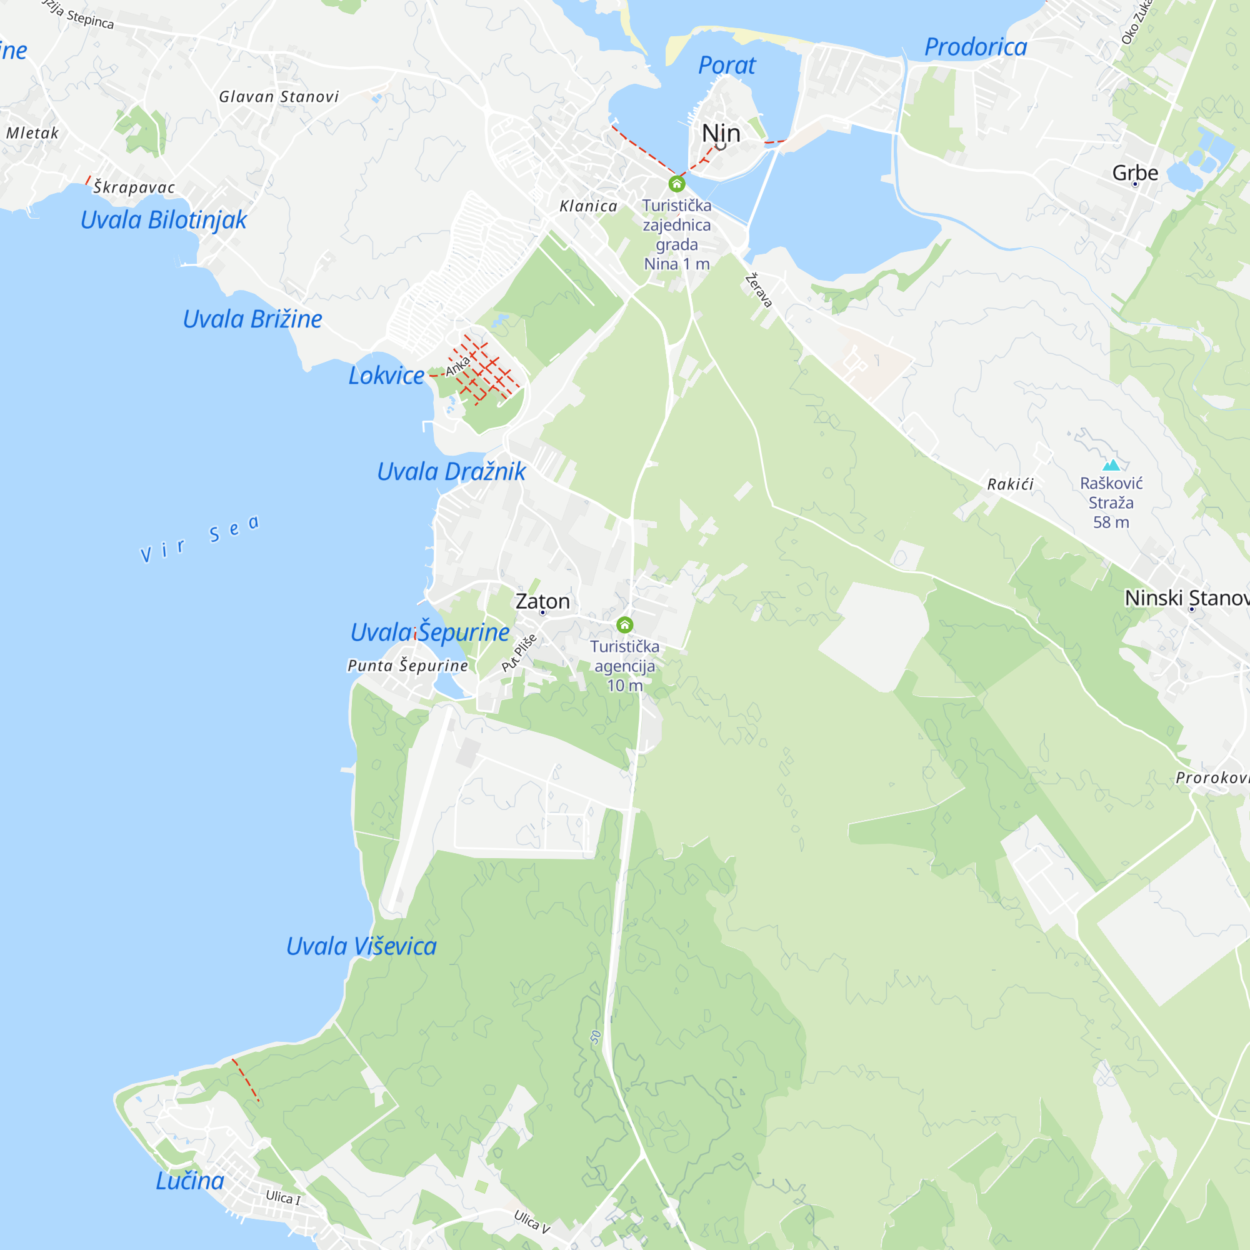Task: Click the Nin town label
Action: click(x=721, y=133)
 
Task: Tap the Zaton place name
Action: click(x=542, y=601)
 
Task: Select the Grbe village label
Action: click(x=1135, y=172)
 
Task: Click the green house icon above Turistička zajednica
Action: click(x=677, y=184)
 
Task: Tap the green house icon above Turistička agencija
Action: click(x=624, y=624)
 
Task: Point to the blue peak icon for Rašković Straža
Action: click(x=1111, y=464)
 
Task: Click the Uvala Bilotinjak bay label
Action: click(x=163, y=220)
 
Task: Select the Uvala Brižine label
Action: click(x=252, y=319)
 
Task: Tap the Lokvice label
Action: click(x=386, y=375)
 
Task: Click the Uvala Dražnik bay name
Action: click(x=451, y=472)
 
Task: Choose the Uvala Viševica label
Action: click(x=361, y=946)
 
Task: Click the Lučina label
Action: click(x=189, y=1181)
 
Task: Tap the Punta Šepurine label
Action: click(x=407, y=665)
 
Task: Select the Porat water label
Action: click(x=727, y=66)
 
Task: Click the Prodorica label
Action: click(x=975, y=47)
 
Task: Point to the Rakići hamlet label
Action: click(x=1010, y=484)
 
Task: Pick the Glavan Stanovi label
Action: click(x=279, y=96)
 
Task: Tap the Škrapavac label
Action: click(x=134, y=187)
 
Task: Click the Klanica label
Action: click(x=588, y=206)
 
